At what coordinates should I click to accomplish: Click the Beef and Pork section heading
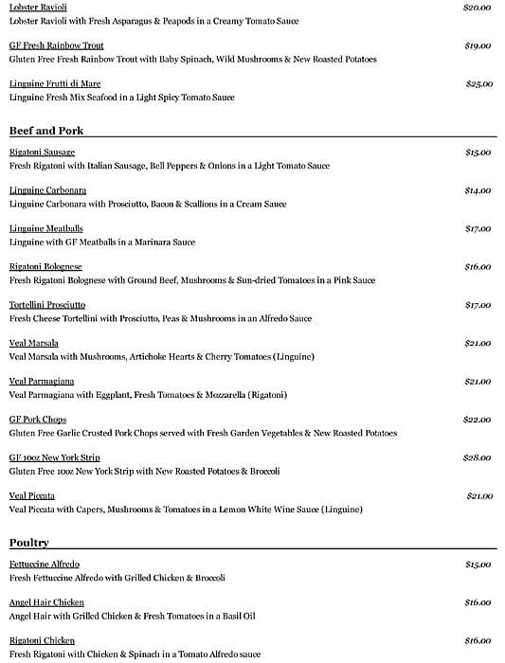tap(46, 130)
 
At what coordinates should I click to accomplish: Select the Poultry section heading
tap(29, 543)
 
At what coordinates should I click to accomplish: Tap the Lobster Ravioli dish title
tap(38, 8)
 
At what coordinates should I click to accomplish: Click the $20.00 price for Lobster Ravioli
tap(477, 8)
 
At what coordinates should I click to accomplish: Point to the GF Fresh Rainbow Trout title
tap(56, 45)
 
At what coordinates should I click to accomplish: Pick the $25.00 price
tap(478, 84)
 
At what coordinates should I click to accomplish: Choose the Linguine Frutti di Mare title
tap(55, 84)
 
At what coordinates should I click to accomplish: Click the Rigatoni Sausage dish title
tap(42, 152)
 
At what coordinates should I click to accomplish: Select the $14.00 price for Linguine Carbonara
tap(478, 190)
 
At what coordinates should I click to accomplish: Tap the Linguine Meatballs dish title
tap(46, 228)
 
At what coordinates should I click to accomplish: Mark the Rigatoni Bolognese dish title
tap(45, 267)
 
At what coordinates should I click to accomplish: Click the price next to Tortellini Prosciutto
tap(478, 305)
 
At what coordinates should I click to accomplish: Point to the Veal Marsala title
tap(34, 343)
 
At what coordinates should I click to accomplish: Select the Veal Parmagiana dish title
tap(42, 381)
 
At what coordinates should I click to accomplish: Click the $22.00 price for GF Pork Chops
tap(478, 420)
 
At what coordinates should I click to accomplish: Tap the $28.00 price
tap(478, 457)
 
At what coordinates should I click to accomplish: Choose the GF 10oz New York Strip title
tap(54, 457)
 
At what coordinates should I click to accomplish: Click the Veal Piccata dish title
tap(32, 495)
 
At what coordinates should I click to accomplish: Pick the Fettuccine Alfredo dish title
tap(45, 564)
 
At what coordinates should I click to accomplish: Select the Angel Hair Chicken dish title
tap(46, 602)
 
